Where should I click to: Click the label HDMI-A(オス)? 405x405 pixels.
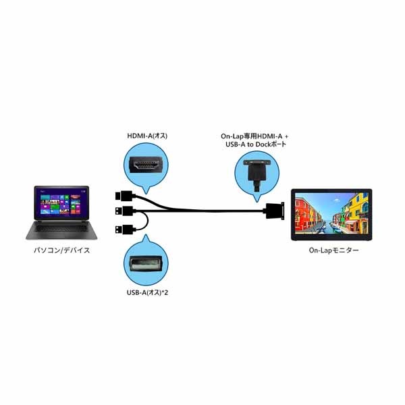147,136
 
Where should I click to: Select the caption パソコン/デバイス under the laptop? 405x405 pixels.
61,250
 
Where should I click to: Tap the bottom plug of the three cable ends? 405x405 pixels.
120,229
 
